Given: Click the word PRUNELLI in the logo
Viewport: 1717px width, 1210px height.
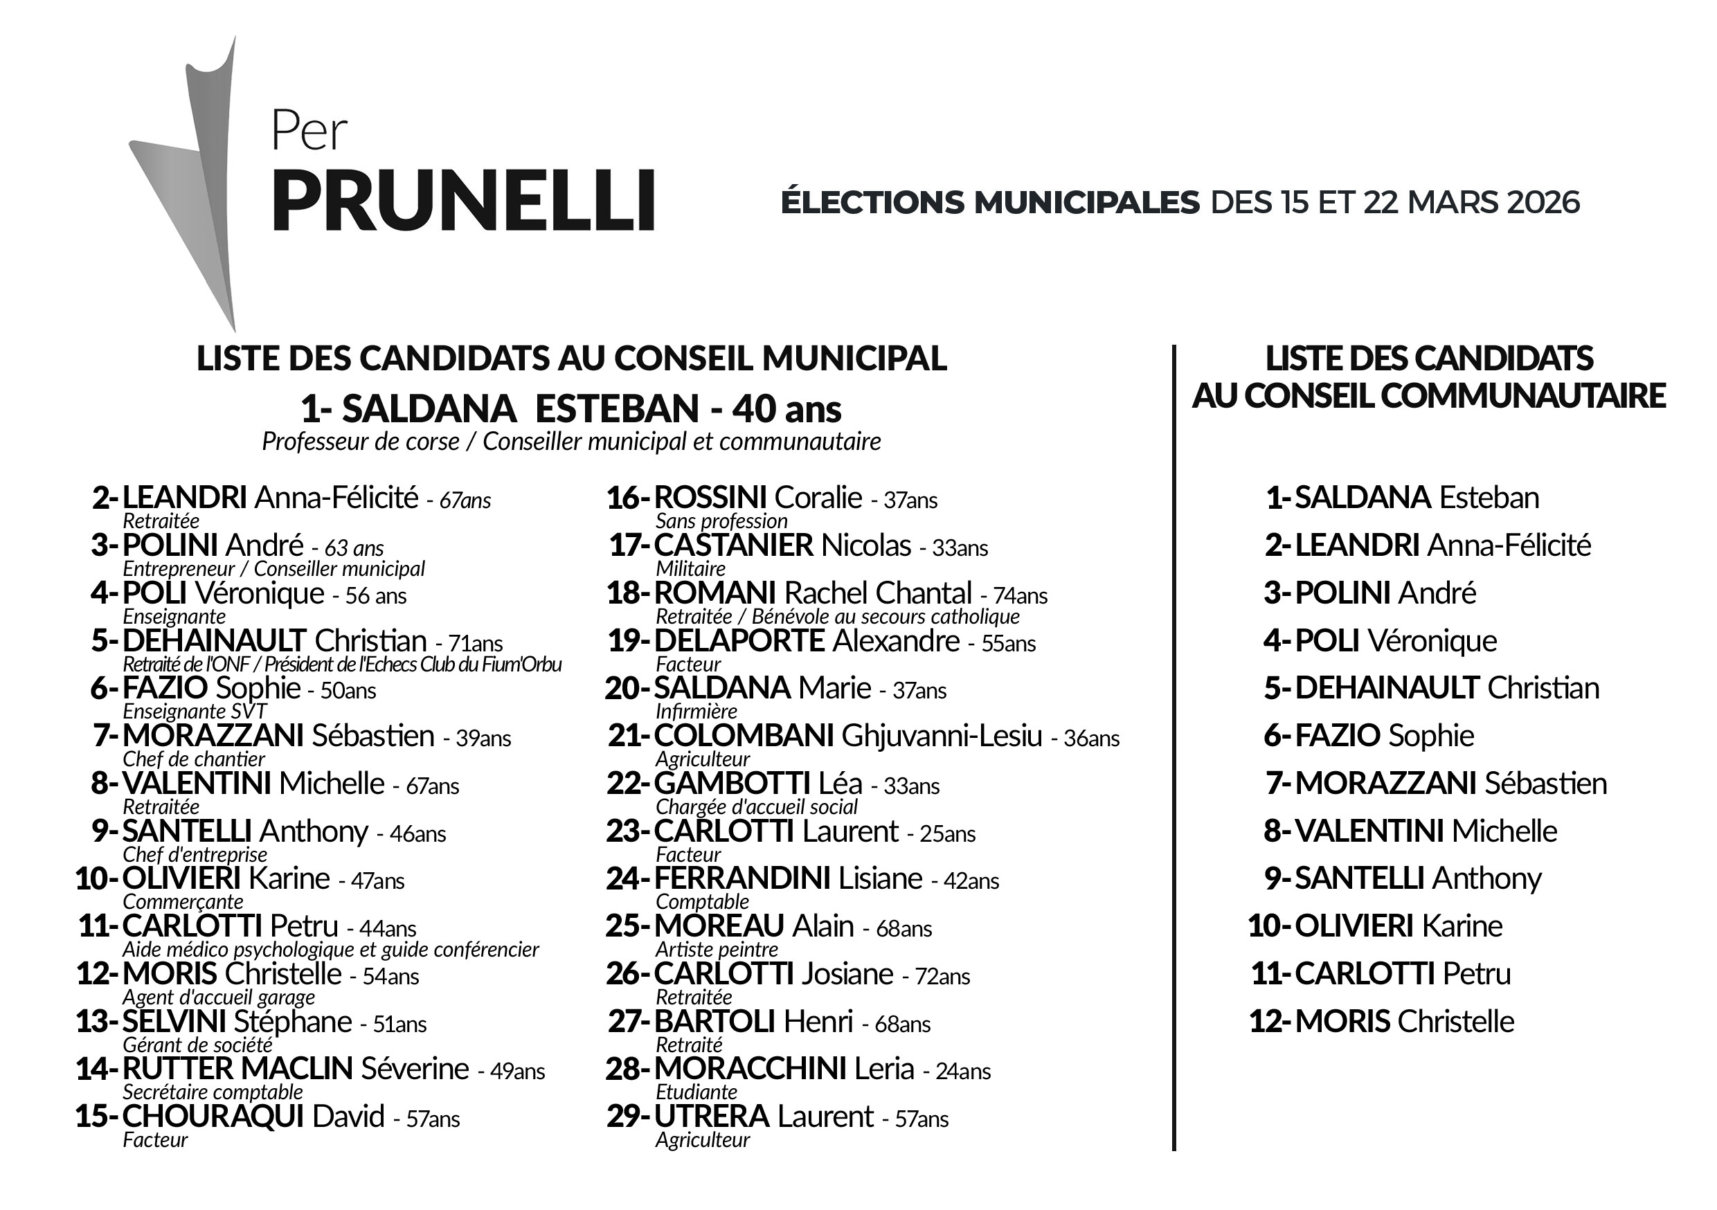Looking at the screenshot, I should click(463, 201).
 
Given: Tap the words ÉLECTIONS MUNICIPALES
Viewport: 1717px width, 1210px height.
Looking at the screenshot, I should click(989, 203).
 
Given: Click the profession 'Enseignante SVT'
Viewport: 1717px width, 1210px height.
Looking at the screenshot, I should click(195, 711).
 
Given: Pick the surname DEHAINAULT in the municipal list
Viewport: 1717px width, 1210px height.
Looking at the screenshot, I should click(214, 641).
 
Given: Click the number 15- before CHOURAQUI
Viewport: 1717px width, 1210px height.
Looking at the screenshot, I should click(96, 1117).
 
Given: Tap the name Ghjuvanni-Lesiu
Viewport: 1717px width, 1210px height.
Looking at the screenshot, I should click(942, 736).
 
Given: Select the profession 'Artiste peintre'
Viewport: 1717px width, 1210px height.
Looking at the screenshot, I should click(717, 950).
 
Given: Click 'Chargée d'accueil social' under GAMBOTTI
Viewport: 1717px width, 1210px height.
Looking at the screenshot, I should click(756, 807).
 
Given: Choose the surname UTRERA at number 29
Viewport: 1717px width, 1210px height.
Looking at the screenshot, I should click(711, 1117).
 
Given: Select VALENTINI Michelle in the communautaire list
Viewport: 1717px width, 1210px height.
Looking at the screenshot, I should click(1426, 831).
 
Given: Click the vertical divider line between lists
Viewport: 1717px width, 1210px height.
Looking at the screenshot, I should click(1174, 748).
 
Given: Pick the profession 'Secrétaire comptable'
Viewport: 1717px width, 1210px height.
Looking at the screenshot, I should click(213, 1092).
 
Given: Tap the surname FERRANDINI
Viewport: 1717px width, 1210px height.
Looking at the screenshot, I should click(741, 878).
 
